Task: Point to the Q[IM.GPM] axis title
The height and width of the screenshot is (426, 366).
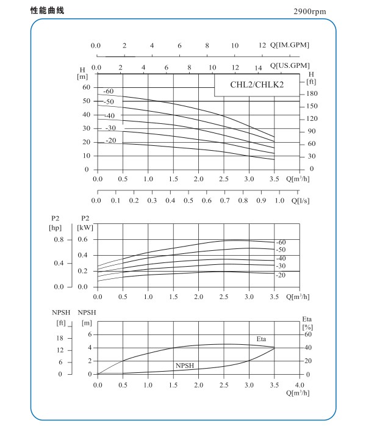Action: pyautogui.click(x=290, y=46)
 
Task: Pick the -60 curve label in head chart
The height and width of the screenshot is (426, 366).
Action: pyautogui.click(x=110, y=92)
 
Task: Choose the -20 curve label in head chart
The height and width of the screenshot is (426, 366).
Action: pyautogui.click(x=110, y=141)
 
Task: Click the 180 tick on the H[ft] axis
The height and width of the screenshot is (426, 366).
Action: pyautogui.click(x=312, y=94)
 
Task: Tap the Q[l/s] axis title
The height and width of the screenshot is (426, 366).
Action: pyautogui.click(x=303, y=200)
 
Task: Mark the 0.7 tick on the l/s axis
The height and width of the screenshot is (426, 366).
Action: pyautogui.click(x=225, y=200)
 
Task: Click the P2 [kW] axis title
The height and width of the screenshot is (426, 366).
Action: pyautogui.click(x=85, y=222)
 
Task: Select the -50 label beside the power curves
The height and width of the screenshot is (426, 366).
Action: pyautogui.click(x=281, y=250)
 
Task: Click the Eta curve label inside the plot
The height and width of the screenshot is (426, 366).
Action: pyautogui.click(x=261, y=339)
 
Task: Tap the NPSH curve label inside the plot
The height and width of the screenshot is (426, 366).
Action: pyautogui.click(x=185, y=366)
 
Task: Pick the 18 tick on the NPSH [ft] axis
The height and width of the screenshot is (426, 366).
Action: pyautogui.click(x=60, y=338)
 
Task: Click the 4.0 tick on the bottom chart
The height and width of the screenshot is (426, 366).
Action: pyautogui.click(x=300, y=386)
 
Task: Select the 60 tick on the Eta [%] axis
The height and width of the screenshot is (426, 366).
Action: pyautogui.click(x=308, y=334)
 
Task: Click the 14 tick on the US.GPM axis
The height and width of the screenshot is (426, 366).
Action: pyautogui.click(x=259, y=68)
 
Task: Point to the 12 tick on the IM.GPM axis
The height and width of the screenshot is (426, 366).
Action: pyautogui.click(x=263, y=46)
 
